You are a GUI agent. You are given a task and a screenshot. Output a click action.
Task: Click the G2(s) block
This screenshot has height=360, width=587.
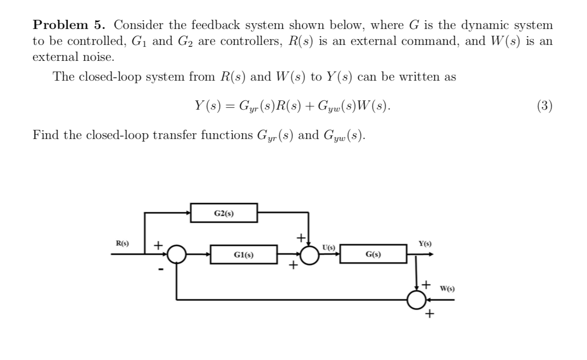[224, 213]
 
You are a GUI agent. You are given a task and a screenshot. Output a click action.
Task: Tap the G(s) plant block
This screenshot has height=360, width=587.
[373, 254]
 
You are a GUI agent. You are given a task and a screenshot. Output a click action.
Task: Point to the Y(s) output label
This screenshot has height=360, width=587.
[425, 244]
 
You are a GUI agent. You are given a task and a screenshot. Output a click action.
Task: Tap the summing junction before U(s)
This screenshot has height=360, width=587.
[310, 254]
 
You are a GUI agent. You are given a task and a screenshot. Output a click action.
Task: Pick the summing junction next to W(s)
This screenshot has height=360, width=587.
[416, 299]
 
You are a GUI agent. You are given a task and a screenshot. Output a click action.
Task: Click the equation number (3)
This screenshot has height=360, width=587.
[544, 106]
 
